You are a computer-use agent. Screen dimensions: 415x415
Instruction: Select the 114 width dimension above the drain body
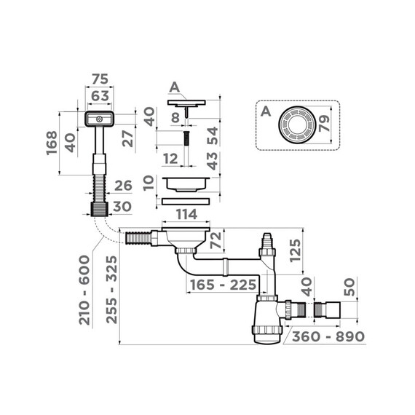click(x=186, y=215)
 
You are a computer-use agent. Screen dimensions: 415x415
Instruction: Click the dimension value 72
click(x=216, y=241)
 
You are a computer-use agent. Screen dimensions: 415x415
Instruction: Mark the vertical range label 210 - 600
click(x=85, y=290)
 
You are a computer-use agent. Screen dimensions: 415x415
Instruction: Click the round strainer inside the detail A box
click(x=296, y=125)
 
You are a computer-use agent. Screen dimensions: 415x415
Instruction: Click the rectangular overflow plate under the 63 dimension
click(x=98, y=117)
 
